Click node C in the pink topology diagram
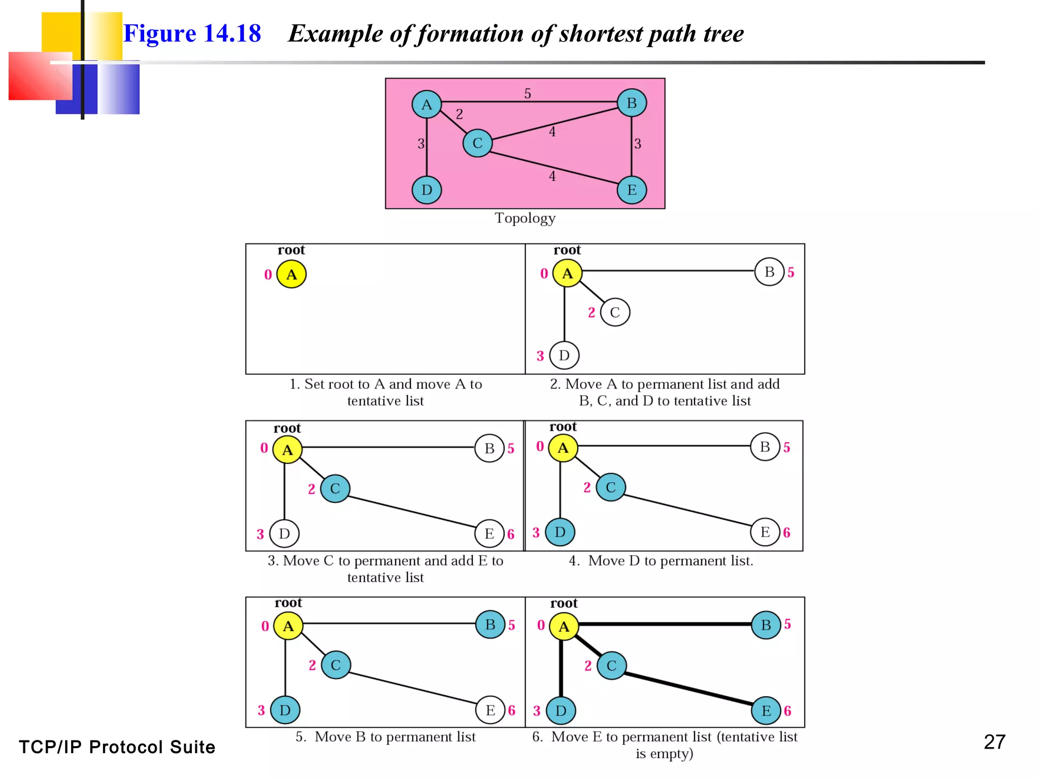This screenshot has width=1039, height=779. (477, 143)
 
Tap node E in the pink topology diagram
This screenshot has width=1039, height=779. (632, 190)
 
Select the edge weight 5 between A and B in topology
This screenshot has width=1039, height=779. (528, 94)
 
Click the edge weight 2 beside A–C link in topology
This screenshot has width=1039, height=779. (459, 114)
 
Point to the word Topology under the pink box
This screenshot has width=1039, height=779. (525, 218)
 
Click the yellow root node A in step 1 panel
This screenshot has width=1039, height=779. (291, 274)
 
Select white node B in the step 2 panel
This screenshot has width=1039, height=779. (769, 272)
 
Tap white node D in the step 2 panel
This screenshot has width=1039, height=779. (564, 356)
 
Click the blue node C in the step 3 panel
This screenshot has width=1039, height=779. (335, 488)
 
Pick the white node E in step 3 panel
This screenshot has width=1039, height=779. (489, 534)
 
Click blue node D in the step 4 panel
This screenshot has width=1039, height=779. (560, 532)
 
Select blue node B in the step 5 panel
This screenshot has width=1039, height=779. (490, 624)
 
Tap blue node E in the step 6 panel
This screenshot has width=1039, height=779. (766, 711)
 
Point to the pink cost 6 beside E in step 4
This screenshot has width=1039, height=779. (786, 533)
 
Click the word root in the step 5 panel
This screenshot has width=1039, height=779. (288, 603)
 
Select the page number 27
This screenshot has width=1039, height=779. (994, 742)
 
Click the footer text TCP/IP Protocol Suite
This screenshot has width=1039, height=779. (117, 747)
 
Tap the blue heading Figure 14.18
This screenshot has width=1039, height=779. (192, 33)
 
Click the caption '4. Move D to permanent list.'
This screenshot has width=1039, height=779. (661, 561)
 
